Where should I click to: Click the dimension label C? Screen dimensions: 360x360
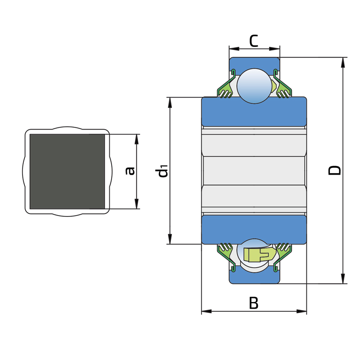pos(254,41)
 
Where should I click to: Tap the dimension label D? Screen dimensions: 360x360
pos(334,171)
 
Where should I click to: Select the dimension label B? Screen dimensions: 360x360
pos(254,303)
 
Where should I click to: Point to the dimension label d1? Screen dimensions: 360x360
pos(162,171)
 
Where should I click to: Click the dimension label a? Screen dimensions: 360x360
pos(130,171)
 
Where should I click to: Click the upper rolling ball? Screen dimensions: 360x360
pos(254,86)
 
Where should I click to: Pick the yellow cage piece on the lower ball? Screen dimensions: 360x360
pos(259,254)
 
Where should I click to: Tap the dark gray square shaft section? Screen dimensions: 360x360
pos(67,171)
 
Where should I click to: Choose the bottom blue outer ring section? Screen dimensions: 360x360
pos(254,275)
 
